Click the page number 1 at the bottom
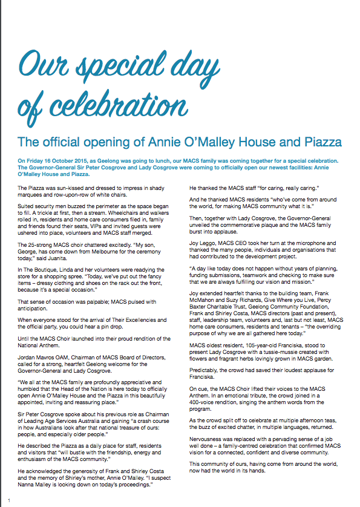(9, 499)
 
